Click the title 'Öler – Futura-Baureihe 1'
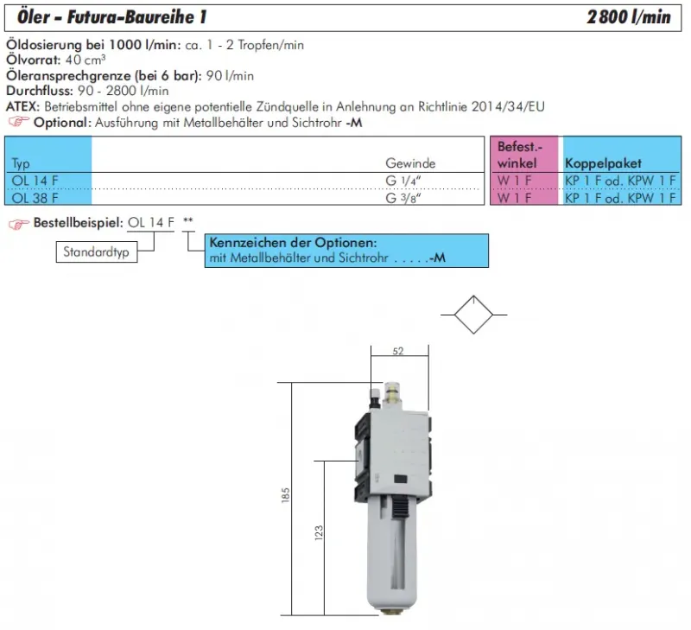pyautogui.click(x=111, y=17)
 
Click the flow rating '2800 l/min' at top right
pyautogui.click(x=629, y=17)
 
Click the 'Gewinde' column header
pyautogui.click(x=410, y=163)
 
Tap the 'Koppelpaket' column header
pyautogui.click(x=603, y=163)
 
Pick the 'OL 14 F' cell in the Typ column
pyautogui.click(x=31, y=181)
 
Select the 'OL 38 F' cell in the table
pyautogui.click(x=31, y=198)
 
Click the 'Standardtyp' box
pyautogui.click(x=97, y=253)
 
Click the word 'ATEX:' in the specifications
pyautogui.click(x=23, y=106)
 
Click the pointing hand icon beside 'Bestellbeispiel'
pyautogui.click(x=16, y=223)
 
